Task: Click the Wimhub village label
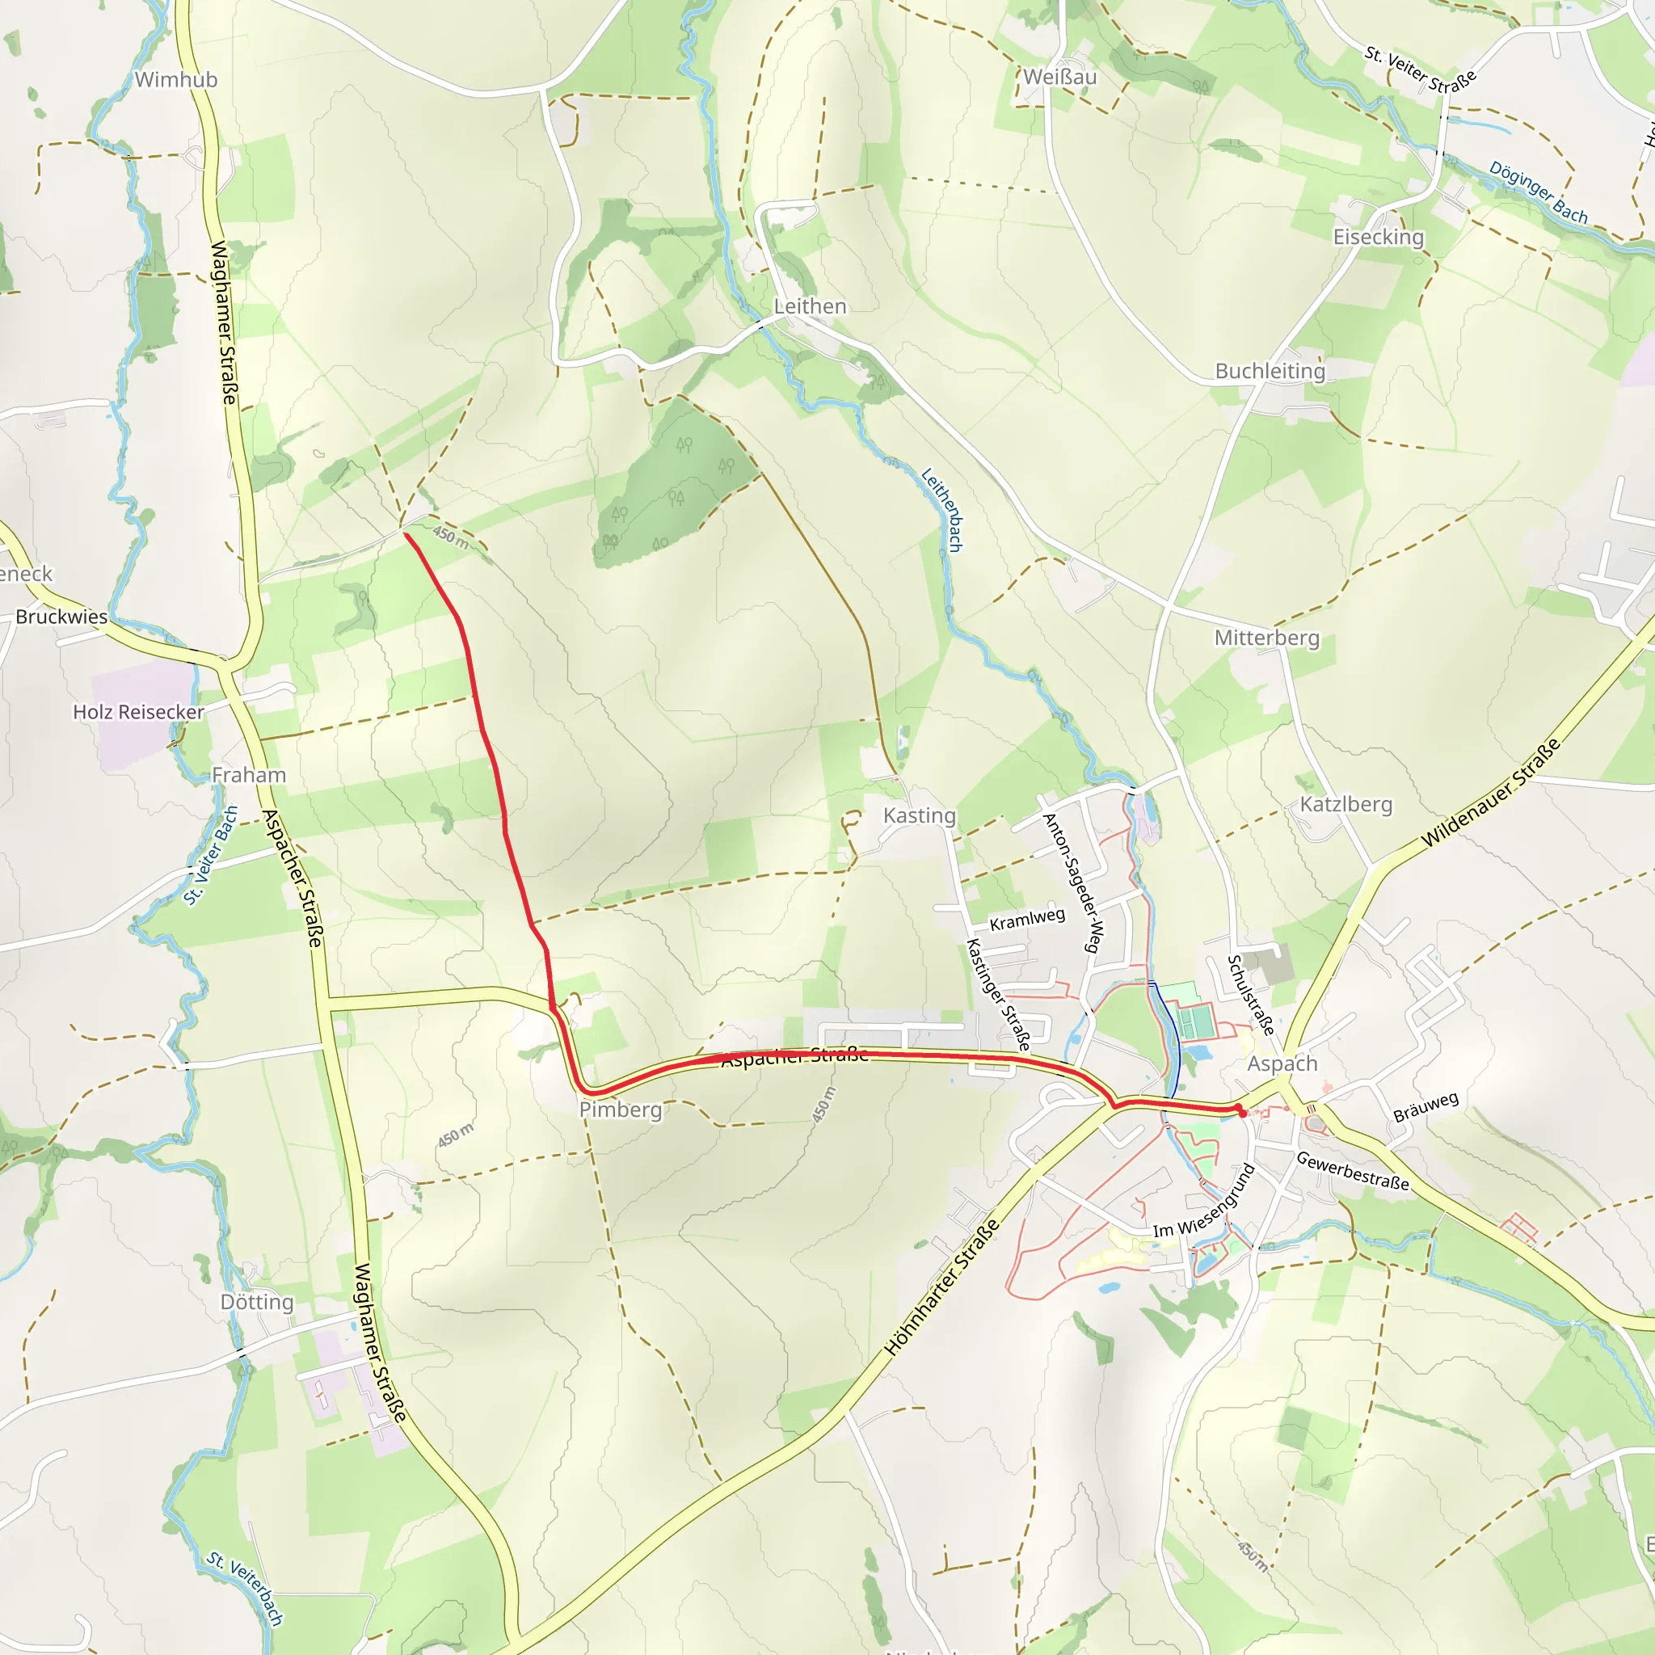[175, 80]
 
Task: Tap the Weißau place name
[1059, 77]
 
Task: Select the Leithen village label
[810, 306]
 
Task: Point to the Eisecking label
[1379, 238]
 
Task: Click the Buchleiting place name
[1270, 371]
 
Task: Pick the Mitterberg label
[1267, 638]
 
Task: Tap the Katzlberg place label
[1345, 804]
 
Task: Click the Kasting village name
[919, 815]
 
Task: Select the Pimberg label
[621, 1110]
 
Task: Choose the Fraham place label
[248, 775]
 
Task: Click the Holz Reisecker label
[138, 712]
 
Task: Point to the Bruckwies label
[61, 617]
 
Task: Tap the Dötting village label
[257, 1302]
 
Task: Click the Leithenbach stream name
[942, 510]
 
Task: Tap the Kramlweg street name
[1027, 919]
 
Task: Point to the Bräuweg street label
[1425, 1107]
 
